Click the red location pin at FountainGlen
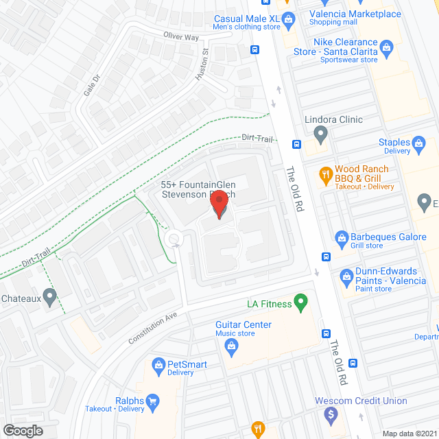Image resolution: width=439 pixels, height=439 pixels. pyautogui.click(x=219, y=204)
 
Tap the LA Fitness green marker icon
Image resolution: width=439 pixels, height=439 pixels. pyautogui.click(x=300, y=302)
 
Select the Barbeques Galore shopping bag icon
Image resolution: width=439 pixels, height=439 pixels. pyautogui.click(x=341, y=238)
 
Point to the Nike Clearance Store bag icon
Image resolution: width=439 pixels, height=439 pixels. pyautogui.click(x=386, y=47)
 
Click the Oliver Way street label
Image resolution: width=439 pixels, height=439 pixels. pyautogui.click(x=181, y=36)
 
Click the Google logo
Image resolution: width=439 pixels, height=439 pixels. pyautogui.click(x=23, y=430)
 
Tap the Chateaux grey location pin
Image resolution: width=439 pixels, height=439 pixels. pyautogui.click(x=49, y=298)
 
